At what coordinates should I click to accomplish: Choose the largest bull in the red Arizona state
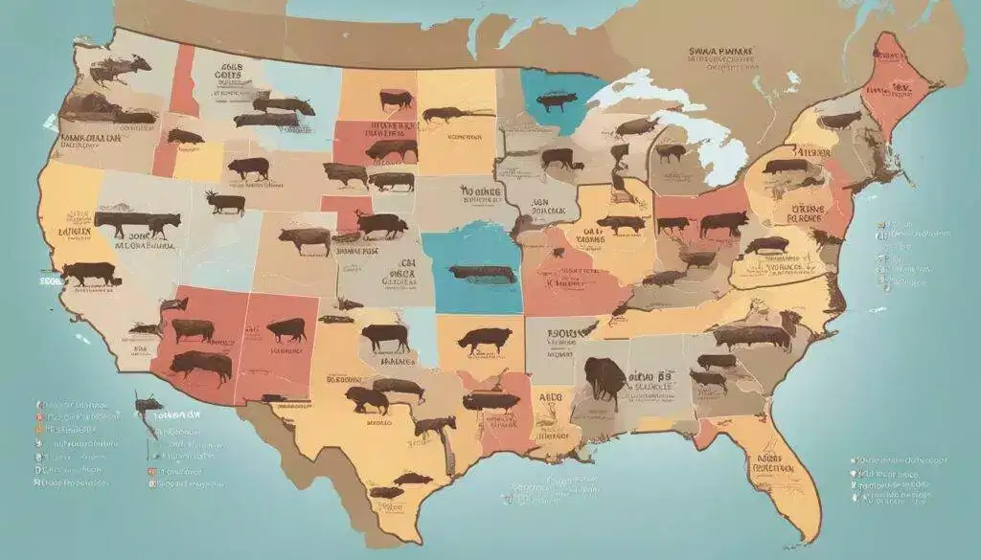(202, 365)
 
